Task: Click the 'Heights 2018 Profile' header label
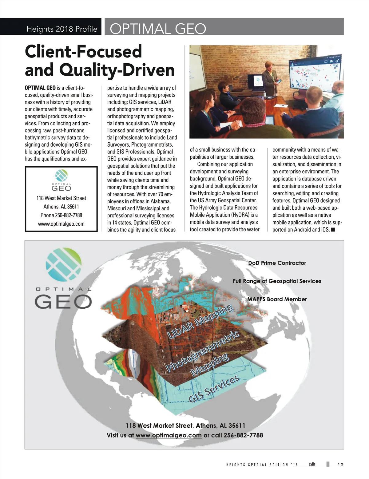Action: [x=61, y=29]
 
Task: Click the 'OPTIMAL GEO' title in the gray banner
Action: [x=158, y=29]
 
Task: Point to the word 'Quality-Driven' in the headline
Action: [x=117, y=70]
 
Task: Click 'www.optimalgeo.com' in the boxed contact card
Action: [x=61, y=224]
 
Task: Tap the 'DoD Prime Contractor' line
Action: [x=277, y=263]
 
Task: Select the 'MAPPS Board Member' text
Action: [x=277, y=299]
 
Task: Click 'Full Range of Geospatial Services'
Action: [x=277, y=281]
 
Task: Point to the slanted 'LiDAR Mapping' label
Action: [x=200, y=321]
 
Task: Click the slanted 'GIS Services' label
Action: [x=214, y=389]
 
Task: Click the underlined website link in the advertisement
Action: [x=169, y=435]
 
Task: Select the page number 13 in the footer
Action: [x=340, y=464]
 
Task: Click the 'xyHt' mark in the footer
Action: [x=312, y=464]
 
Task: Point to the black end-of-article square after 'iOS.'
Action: [x=333, y=230]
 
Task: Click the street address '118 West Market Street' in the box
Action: [x=61, y=198]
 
